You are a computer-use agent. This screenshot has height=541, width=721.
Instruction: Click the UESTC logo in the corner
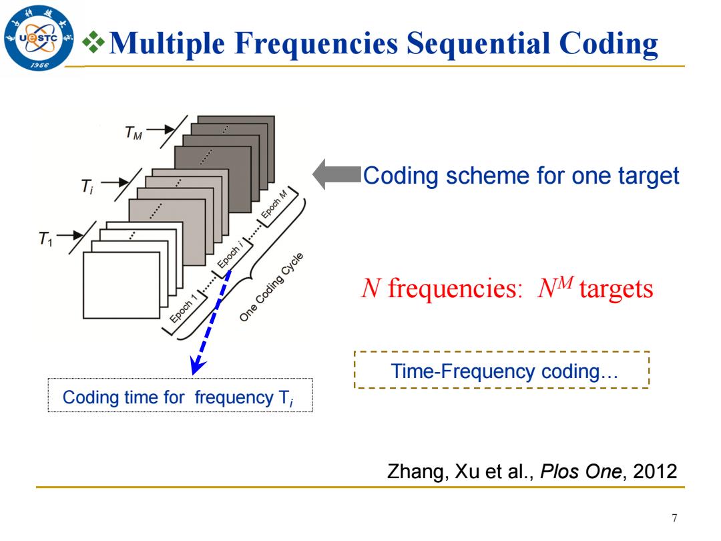coord(39,37)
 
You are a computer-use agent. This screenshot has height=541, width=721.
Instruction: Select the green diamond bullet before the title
coord(94,42)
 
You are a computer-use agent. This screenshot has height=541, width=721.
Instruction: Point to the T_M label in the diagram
coord(134,133)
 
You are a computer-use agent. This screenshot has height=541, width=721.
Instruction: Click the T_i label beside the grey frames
coord(87,186)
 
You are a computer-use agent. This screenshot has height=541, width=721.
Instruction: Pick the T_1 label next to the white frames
coord(46,238)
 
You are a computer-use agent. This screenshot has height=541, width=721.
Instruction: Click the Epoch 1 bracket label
coord(183,308)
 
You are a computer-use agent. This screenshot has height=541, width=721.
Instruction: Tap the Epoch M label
coord(274,203)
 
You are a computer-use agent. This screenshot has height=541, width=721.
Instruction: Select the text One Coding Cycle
coord(271,287)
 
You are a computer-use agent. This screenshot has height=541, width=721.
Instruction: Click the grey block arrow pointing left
coord(336,175)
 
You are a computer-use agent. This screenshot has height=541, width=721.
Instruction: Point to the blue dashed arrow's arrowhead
coord(198,366)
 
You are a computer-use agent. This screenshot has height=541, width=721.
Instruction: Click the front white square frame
coord(122,285)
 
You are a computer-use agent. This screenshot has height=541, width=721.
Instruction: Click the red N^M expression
coord(555,287)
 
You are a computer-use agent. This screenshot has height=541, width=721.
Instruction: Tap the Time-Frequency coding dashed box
coord(501,370)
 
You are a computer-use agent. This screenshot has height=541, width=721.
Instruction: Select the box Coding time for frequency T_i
coord(180,395)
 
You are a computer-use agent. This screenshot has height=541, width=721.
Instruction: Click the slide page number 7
coord(674,518)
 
